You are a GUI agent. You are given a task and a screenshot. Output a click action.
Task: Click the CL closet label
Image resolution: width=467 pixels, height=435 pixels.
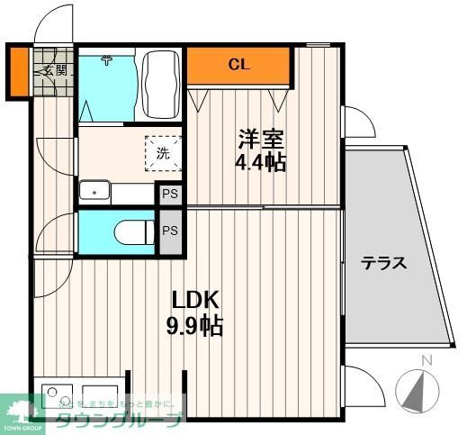coord(238,64)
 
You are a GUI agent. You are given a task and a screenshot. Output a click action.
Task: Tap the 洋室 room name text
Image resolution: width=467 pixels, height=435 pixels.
coord(261,140)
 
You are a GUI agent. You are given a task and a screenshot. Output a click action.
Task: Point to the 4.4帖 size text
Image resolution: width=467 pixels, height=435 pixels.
coord(262,163)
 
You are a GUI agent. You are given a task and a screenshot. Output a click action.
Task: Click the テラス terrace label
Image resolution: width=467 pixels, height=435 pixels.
coord(384,264)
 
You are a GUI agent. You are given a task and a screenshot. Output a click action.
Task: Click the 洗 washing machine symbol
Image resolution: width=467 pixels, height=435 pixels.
coord(163,152)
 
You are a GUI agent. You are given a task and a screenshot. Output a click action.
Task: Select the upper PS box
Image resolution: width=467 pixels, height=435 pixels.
coord(169,194)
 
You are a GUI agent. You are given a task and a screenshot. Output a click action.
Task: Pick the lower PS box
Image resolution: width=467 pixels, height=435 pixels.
coord(169,231)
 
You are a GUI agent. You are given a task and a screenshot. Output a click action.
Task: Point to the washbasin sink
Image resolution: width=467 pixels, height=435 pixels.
coord(94,192)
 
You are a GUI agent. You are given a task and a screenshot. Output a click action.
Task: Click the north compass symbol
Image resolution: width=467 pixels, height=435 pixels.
coord(419,392)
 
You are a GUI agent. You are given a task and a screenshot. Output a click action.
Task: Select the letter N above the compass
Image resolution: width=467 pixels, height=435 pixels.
coord(427,361)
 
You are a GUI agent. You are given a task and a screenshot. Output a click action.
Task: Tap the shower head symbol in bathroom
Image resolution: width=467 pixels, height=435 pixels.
coord(107,61)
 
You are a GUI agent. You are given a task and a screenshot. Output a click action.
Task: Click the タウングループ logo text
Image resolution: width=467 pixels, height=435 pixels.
coord(117,419)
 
